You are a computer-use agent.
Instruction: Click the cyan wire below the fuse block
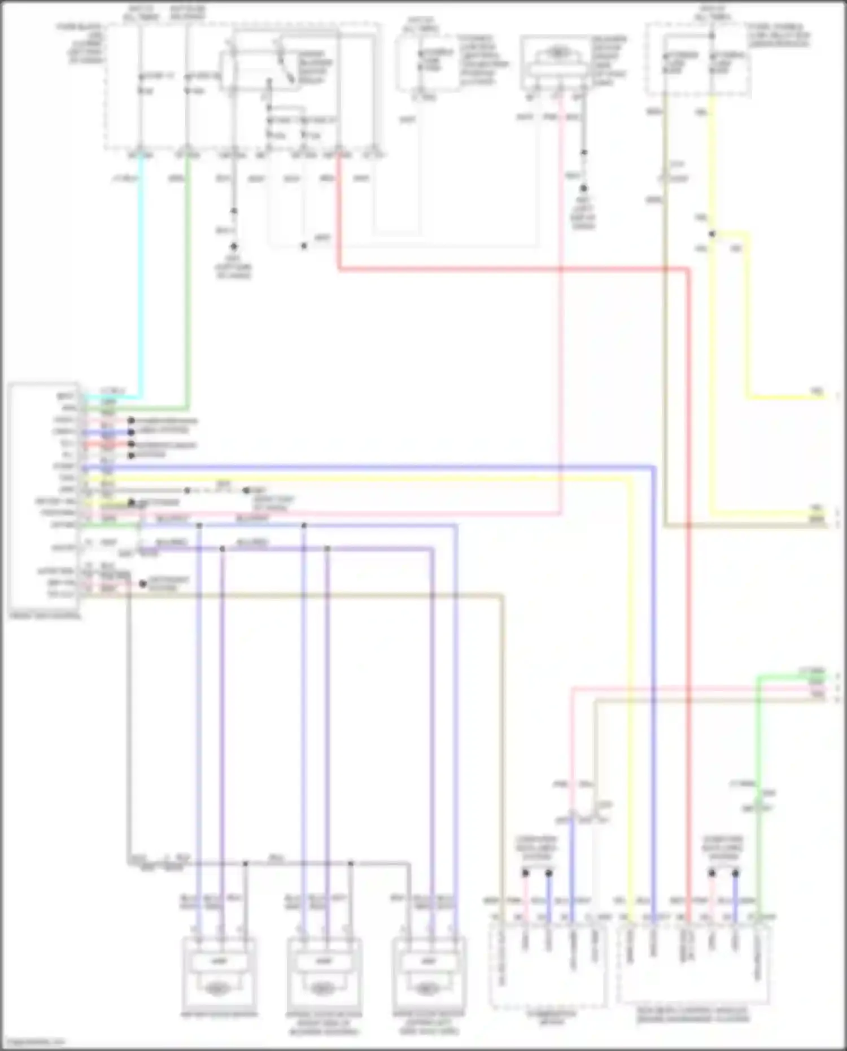141,282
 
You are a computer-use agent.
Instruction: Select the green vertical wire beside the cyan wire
187,282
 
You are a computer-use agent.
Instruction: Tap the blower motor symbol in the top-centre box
557,53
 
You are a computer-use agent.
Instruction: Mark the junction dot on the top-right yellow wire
712,234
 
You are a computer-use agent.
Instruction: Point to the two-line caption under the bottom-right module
693,1014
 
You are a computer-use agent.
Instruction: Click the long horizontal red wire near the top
508,270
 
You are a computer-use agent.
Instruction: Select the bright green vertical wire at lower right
758,791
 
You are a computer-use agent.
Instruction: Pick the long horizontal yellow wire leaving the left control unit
367,479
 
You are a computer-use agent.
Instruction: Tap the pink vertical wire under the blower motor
561,311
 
